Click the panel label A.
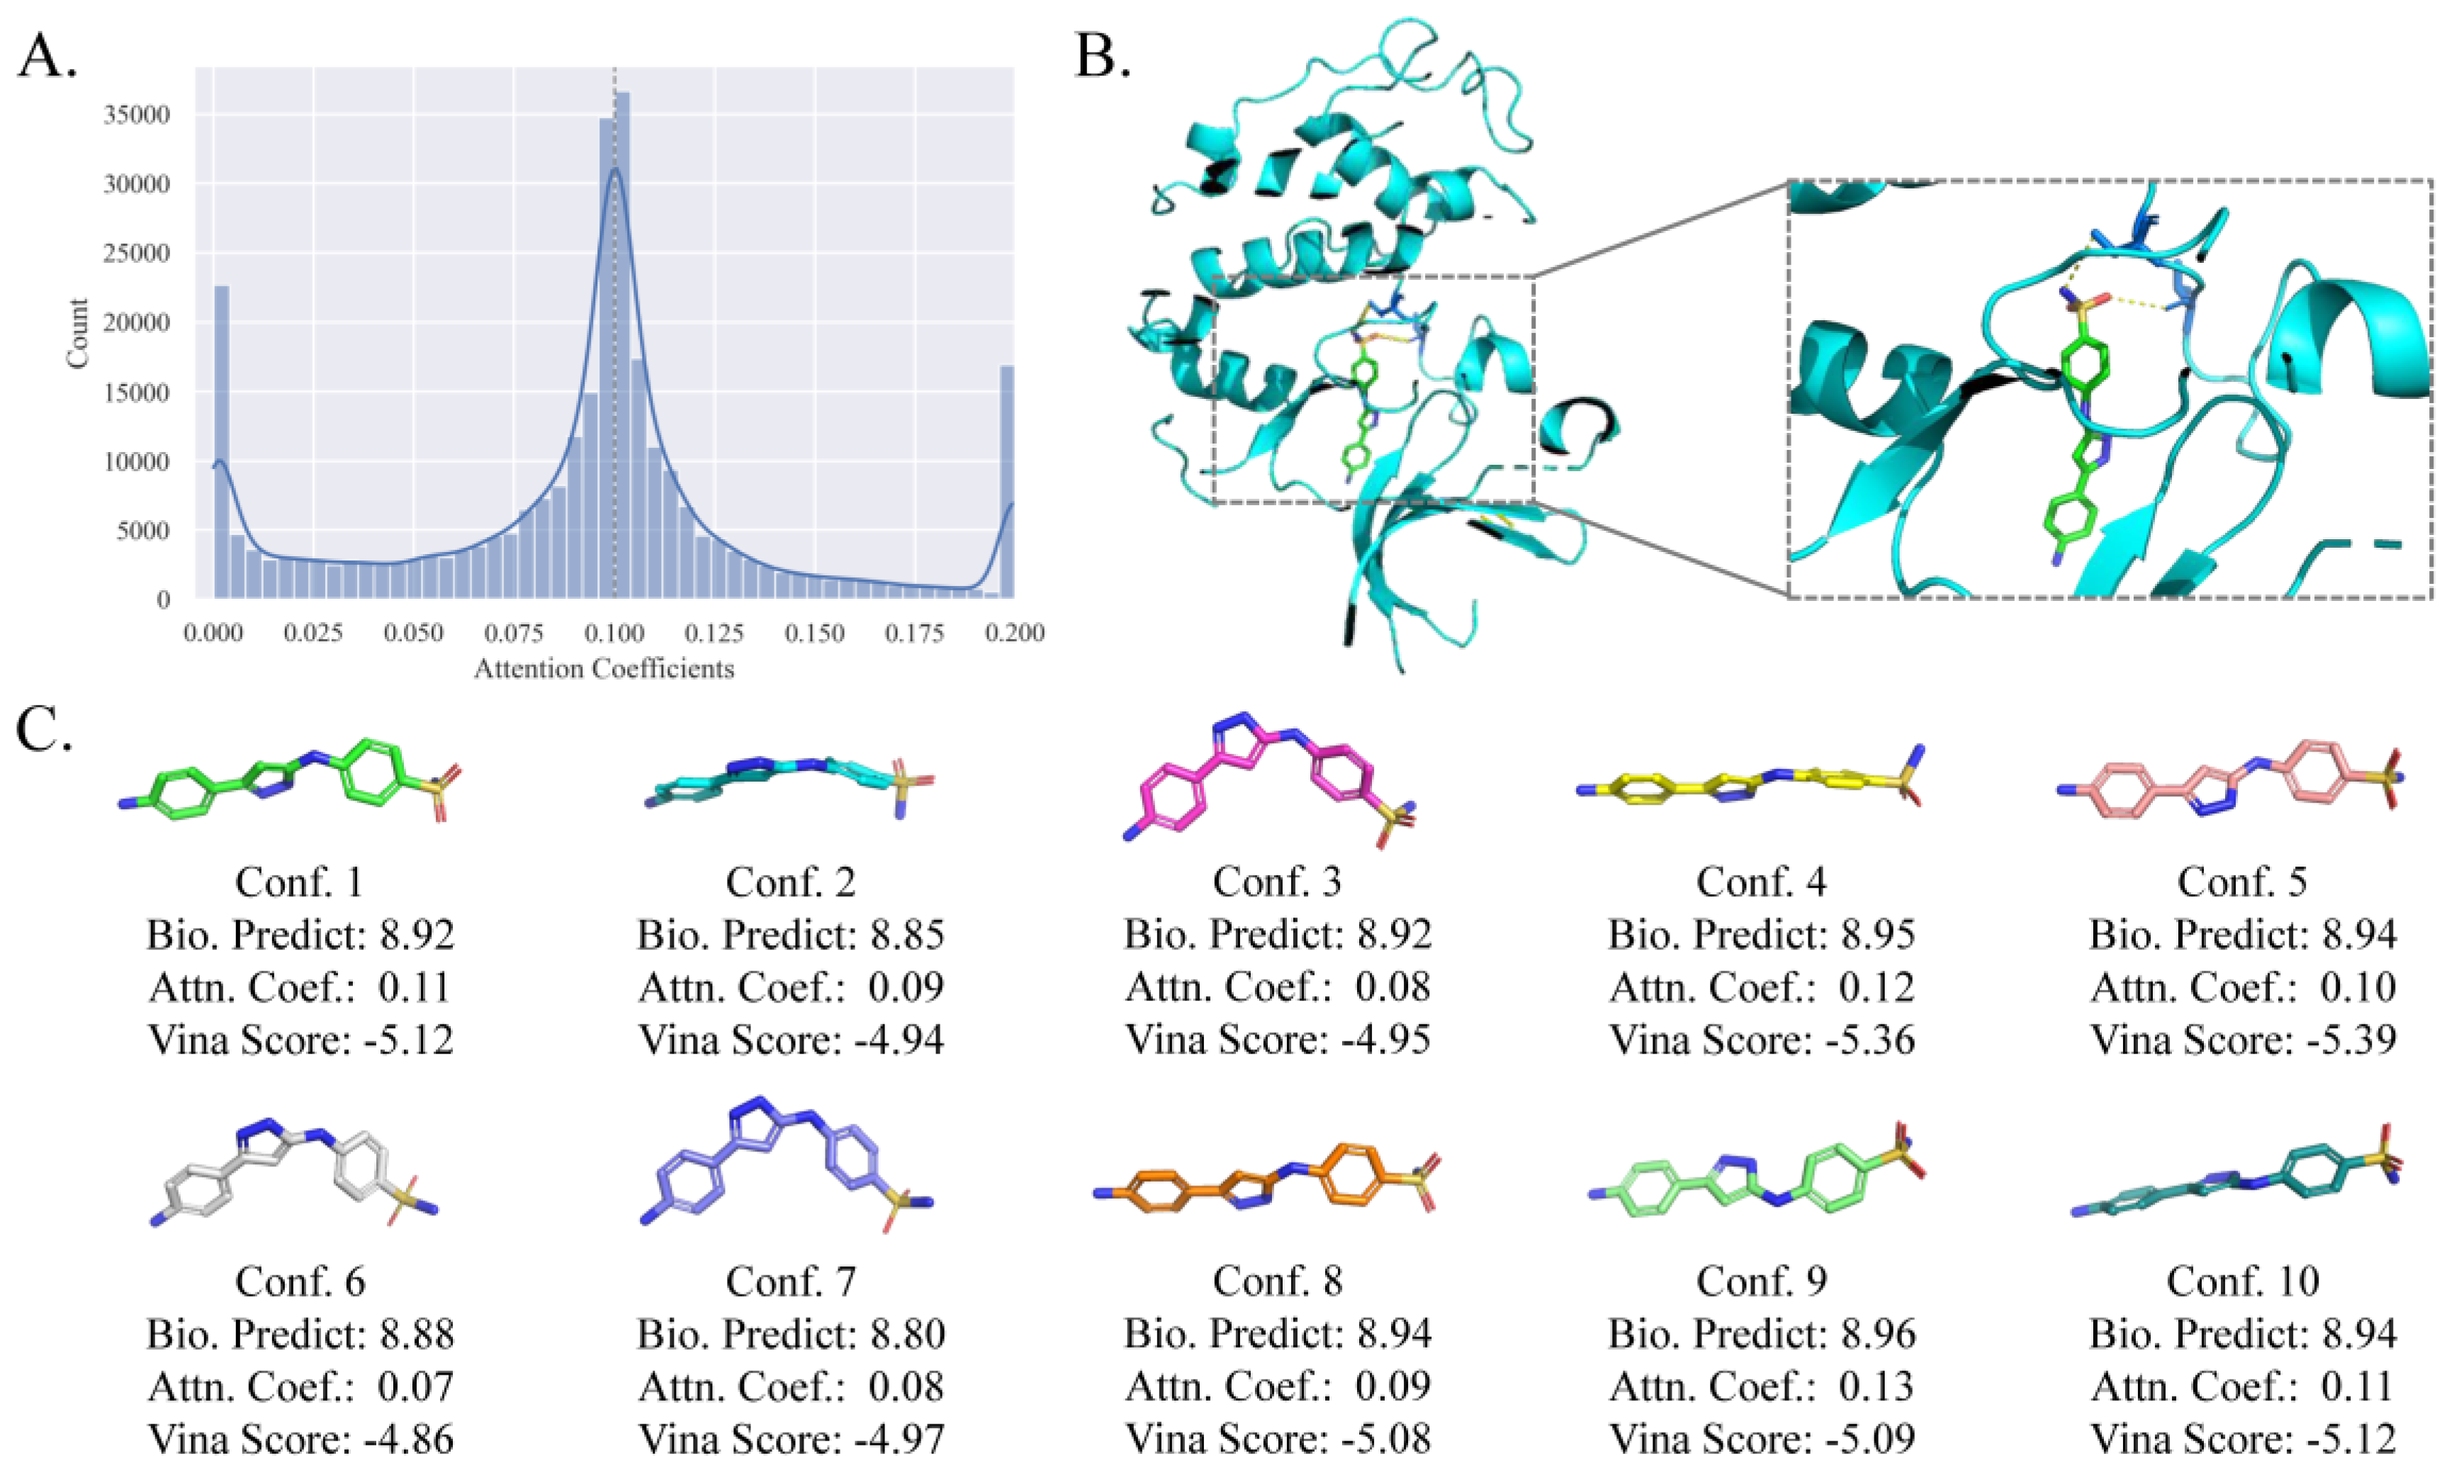(x=47, y=57)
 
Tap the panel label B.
(x=1103, y=57)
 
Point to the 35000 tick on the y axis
(x=137, y=115)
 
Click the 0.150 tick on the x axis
(x=815, y=633)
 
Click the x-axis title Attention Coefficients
(x=604, y=668)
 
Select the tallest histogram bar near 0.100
(x=622, y=349)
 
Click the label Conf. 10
(x=2243, y=1281)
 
